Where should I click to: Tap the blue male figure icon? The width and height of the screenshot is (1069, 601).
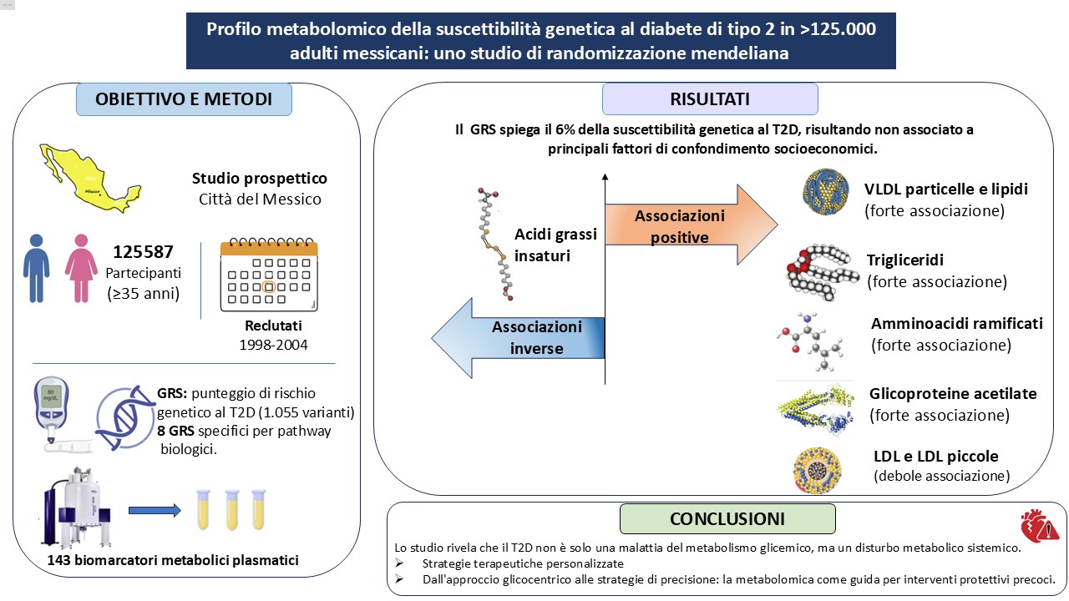tap(36, 268)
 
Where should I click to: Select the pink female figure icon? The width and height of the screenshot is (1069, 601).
tap(81, 268)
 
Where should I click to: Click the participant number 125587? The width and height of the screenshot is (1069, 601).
tap(143, 252)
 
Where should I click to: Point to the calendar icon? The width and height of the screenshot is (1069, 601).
tap(269, 275)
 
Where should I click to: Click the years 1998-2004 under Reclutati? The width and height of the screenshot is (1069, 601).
tap(273, 345)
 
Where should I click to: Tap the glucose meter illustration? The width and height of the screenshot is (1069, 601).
tap(52, 412)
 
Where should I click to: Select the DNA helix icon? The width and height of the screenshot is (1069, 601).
tap(125, 417)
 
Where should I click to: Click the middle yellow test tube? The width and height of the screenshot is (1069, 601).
tap(232, 509)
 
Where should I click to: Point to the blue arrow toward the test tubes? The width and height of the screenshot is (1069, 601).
tap(155, 510)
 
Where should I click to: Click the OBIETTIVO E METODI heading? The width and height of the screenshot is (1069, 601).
tap(184, 99)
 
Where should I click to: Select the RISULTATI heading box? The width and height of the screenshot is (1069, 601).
tap(710, 99)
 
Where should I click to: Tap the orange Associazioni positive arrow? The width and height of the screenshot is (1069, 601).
tap(691, 225)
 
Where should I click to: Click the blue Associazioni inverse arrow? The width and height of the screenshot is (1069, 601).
tap(518, 338)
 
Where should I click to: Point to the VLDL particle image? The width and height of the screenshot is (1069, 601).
tap(826, 192)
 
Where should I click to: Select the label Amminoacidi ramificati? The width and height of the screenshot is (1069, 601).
tap(957, 323)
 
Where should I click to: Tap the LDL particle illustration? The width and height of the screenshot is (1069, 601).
tap(817, 470)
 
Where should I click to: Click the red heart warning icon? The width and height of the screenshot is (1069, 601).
tap(1040, 526)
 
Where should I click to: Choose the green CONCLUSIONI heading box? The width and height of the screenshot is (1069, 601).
tap(727, 519)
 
